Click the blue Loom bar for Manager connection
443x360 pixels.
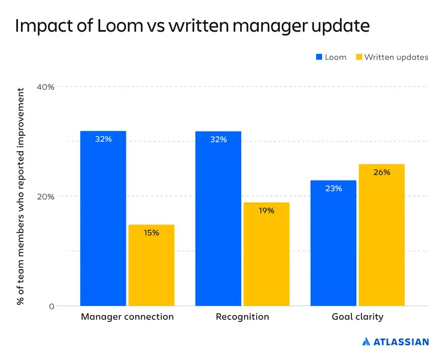tap(103, 218)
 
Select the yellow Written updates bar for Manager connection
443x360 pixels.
tap(151, 265)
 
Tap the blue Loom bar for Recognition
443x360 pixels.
tap(218, 218)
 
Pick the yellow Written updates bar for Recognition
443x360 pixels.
tap(266, 254)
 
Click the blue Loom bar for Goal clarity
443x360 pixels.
tap(333, 243)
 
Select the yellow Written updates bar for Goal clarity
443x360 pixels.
tap(381, 235)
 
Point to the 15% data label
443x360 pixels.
tap(151, 233)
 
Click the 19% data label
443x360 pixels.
tap(266, 210)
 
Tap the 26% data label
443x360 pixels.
tap(382, 172)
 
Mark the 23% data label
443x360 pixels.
tap(333, 188)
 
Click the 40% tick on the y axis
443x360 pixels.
tap(45, 87)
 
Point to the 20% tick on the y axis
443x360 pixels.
tap(45, 197)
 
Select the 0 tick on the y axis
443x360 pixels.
tap(51, 307)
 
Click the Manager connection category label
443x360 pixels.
tap(128, 316)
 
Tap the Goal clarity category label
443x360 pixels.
tap(357, 316)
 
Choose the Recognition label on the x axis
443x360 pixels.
tap(242, 316)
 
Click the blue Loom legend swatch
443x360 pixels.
tap(319, 57)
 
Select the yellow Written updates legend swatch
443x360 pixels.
tap(359, 57)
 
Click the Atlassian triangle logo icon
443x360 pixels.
tap(366, 342)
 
